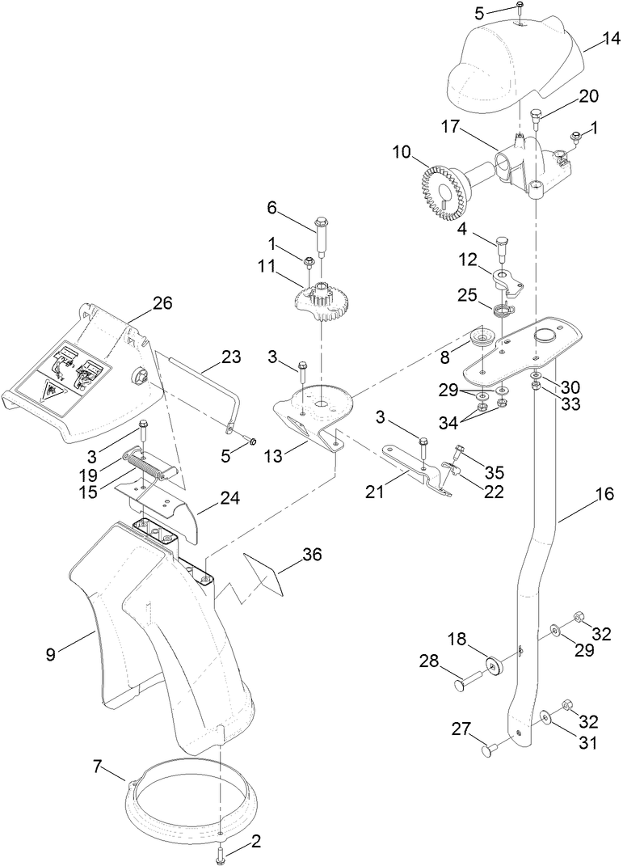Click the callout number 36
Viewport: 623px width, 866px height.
tap(312, 555)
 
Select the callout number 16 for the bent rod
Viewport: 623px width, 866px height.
tap(604, 493)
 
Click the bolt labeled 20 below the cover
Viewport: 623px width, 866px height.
tap(537, 121)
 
